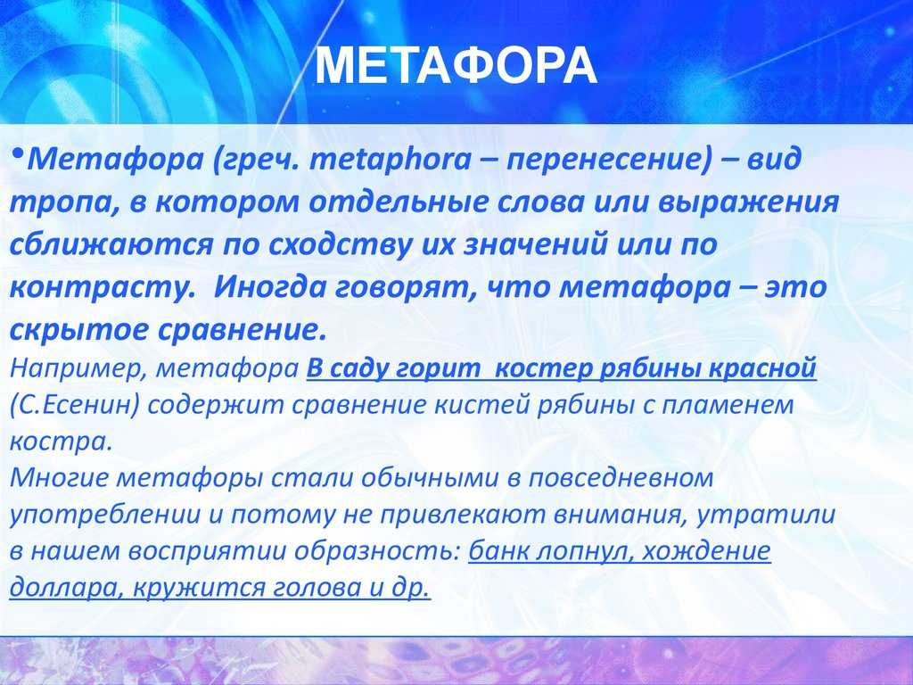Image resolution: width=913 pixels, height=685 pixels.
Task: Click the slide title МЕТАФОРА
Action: click(456, 65)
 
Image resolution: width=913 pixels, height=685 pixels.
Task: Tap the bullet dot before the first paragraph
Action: click(18, 153)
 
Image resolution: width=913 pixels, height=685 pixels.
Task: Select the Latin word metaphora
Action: click(391, 159)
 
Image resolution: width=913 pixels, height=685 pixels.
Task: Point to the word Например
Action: click(78, 369)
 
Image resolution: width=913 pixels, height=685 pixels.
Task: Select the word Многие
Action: click(59, 478)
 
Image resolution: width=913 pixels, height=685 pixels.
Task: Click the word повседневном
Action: click(621, 478)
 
